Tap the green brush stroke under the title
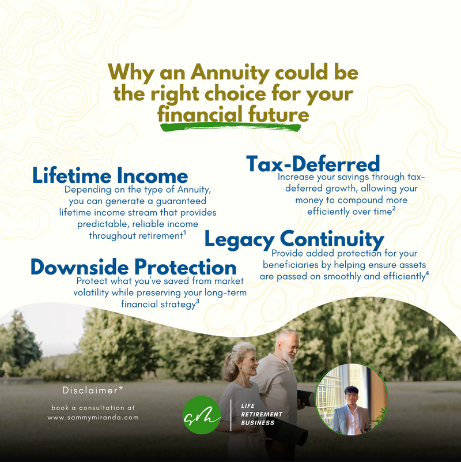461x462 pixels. pos(231,126)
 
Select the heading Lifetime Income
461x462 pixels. pos(109,175)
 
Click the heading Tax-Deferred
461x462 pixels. pos(313,163)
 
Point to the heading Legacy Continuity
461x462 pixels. pos(294,239)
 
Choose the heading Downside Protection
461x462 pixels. pos(133,267)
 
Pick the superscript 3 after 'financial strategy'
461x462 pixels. pos(198,301)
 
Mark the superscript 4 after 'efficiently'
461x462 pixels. pos(426,273)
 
